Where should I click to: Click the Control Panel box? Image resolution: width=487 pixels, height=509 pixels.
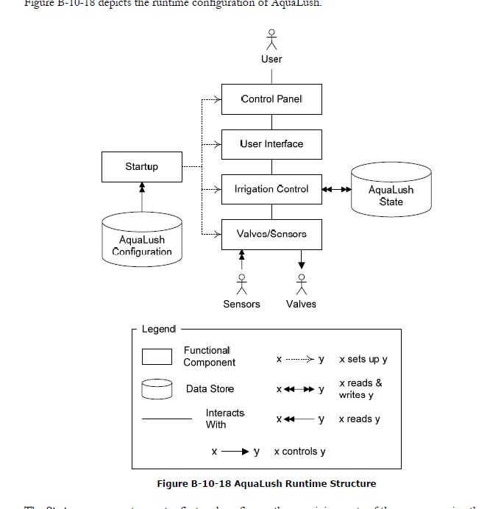click(271, 99)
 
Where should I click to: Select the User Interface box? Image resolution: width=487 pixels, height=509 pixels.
click(271, 144)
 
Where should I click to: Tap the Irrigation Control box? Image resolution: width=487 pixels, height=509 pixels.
click(271, 189)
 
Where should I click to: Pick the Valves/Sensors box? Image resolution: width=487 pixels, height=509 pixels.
click(271, 234)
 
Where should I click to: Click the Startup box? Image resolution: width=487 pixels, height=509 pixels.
click(141, 167)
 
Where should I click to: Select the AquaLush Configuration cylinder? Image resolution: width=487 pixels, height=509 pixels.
click(141, 238)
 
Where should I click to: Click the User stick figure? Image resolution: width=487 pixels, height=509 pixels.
click(271, 38)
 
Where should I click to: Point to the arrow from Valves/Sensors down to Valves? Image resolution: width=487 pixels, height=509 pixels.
click(301, 258)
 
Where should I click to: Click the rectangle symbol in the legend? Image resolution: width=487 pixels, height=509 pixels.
click(157, 357)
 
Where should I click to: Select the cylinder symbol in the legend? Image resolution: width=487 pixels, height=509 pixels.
click(157, 388)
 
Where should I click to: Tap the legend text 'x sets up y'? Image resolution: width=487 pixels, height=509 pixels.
click(363, 360)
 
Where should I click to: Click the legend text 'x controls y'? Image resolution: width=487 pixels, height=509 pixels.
click(299, 452)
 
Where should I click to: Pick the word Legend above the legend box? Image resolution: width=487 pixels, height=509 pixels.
click(159, 330)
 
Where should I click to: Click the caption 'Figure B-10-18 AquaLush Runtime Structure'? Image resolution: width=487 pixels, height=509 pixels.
click(266, 483)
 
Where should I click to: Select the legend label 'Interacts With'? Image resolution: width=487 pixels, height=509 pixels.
click(225, 419)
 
